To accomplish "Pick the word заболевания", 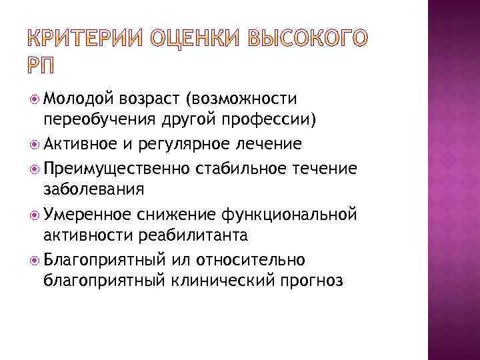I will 93,189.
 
